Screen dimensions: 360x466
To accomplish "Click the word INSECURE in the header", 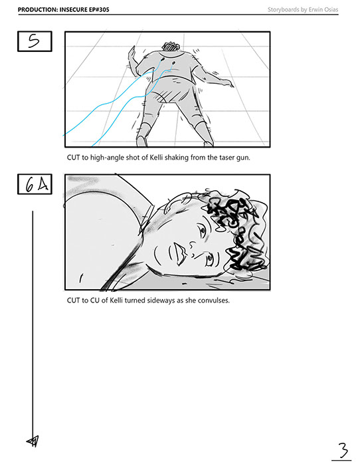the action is click(73, 9).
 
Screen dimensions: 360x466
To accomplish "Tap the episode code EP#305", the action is click(99, 9).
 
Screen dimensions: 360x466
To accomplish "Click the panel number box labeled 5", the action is click(35, 41).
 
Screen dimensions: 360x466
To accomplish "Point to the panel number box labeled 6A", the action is click(35, 184).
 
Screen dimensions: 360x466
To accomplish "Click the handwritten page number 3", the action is click(343, 450).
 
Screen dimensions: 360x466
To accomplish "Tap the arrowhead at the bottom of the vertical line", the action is click(33, 441).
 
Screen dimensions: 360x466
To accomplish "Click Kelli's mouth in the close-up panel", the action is click(180, 253).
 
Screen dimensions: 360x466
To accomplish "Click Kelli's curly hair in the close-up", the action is click(238, 229).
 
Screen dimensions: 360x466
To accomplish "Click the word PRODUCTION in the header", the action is click(38, 9).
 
